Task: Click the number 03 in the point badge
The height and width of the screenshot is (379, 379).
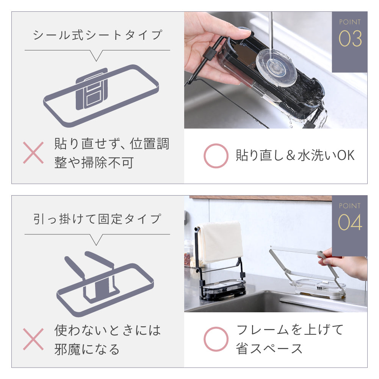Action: pyautogui.click(x=350, y=38)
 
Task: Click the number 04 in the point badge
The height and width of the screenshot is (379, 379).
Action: pyautogui.click(x=350, y=222)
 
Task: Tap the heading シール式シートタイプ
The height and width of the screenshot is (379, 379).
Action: pyautogui.click(x=97, y=35)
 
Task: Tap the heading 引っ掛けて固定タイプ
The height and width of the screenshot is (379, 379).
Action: pyautogui.click(x=97, y=219)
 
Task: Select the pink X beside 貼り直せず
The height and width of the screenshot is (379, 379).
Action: pyautogui.click(x=33, y=153)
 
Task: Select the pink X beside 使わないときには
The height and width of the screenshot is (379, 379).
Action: pyautogui.click(x=33, y=339)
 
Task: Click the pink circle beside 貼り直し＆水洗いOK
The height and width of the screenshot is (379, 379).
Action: pyautogui.click(x=216, y=156)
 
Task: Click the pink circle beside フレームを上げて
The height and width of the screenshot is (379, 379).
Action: pyautogui.click(x=216, y=339)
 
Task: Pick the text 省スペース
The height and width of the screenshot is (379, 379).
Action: pyautogui.click(x=269, y=349)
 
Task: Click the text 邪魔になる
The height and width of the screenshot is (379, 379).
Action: pyautogui.click(x=87, y=349)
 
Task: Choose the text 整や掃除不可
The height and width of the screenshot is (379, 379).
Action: pyautogui.click(x=94, y=163)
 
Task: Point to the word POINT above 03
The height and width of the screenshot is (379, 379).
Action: pyautogui.click(x=350, y=22)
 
